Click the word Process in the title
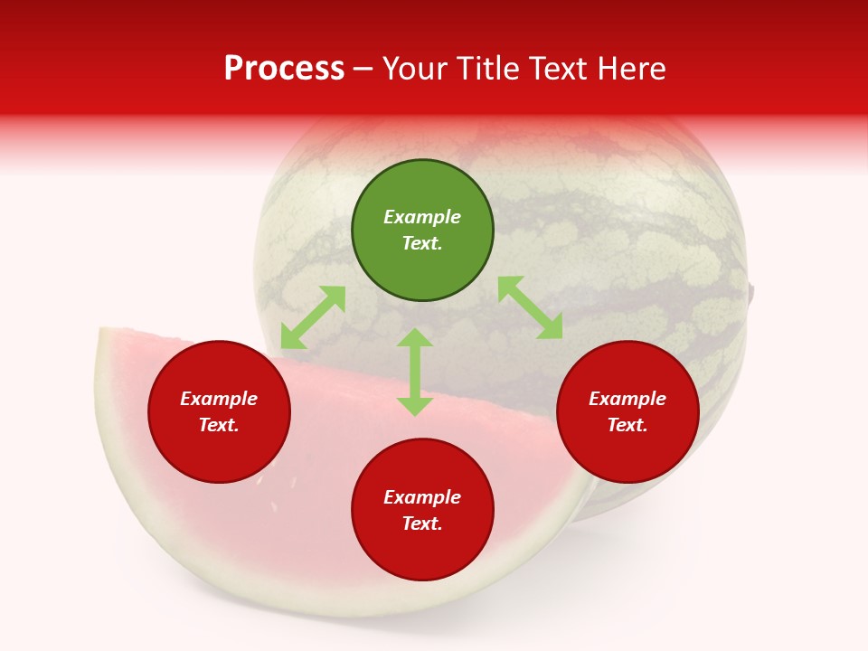click(x=284, y=69)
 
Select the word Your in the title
click(x=421, y=69)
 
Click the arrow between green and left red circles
click(x=313, y=317)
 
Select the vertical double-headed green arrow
click(x=415, y=372)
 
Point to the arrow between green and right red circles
click(x=531, y=307)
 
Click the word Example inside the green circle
click(x=422, y=217)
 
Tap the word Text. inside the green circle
click(x=422, y=243)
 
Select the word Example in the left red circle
click(x=219, y=399)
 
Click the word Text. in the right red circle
click(x=627, y=425)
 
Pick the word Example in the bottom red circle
click(x=422, y=497)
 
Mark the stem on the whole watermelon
click(x=751, y=292)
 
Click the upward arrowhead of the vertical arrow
click(x=415, y=337)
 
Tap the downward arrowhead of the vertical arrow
click(x=415, y=406)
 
